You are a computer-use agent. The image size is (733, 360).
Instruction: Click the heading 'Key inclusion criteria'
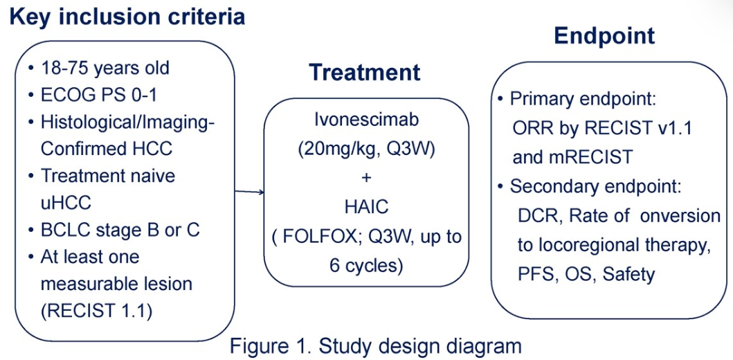click(127, 16)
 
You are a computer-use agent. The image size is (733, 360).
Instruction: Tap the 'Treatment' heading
click(364, 72)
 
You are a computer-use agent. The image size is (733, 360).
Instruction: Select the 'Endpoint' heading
click(604, 35)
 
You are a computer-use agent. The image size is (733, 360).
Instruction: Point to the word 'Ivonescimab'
click(366, 119)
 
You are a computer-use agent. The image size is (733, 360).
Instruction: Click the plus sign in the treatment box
click(366, 177)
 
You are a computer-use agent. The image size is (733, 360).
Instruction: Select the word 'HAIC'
click(366, 206)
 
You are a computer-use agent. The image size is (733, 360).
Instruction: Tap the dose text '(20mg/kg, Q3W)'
click(366, 148)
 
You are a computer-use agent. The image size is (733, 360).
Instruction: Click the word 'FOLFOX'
click(324, 236)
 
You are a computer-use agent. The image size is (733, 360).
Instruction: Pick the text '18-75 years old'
click(105, 69)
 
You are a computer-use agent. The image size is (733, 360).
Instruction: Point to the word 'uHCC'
click(65, 202)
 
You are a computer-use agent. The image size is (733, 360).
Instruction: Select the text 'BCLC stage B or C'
click(120, 229)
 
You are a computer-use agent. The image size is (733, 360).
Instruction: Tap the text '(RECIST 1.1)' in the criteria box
click(96, 310)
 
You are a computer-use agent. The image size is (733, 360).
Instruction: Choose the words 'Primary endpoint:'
click(583, 98)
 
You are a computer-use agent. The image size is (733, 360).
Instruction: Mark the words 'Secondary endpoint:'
click(596, 186)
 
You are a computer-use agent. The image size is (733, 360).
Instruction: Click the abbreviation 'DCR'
click(538, 216)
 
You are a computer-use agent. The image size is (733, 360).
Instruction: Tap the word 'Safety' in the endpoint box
click(628, 274)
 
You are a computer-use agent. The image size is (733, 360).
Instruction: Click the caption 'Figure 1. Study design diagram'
click(375, 345)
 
